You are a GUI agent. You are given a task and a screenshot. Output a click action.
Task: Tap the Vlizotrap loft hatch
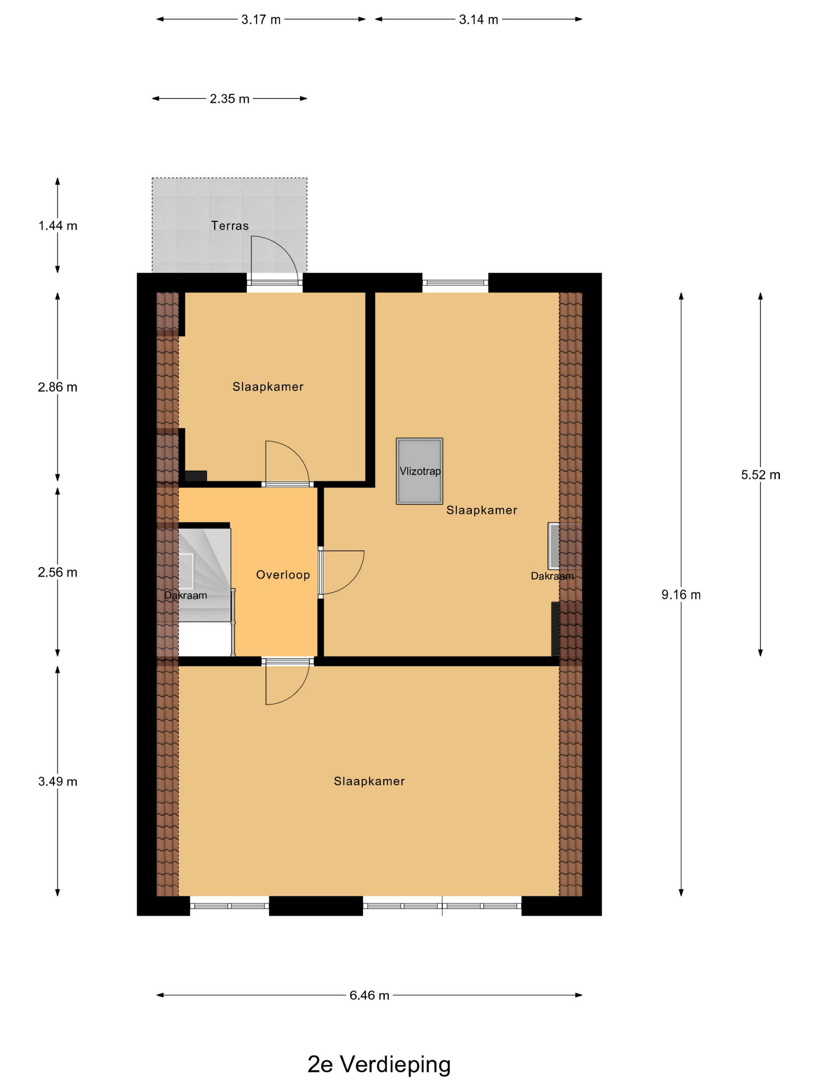click(x=419, y=471)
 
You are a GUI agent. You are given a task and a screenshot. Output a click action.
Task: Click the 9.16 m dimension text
click(x=681, y=595)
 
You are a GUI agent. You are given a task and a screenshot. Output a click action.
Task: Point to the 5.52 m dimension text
click(x=761, y=475)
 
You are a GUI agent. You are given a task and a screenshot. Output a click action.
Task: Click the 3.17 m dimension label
click(x=261, y=20)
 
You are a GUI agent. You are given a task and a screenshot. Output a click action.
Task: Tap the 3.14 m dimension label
click(x=478, y=20)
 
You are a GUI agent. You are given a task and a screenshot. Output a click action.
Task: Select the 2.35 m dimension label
click(x=229, y=99)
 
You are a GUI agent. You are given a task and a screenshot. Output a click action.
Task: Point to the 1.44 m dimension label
click(x=58, y=226)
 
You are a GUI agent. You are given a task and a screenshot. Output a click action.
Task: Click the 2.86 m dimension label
click(x=58, y=387)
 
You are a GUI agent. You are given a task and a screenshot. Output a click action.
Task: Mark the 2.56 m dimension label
click(x=58, y=573)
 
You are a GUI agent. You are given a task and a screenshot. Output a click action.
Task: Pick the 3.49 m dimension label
click(x=58, y=782)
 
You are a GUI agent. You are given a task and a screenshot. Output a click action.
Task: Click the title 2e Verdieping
click(x=379, y=1065)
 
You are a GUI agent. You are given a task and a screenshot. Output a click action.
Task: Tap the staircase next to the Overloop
click(x=204, y=592)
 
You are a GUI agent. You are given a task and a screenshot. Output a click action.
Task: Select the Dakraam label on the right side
click(x=552, y=576)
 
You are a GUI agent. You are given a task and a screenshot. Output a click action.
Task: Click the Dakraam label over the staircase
click(x=185, y=595)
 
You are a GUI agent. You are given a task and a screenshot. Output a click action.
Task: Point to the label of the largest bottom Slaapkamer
click(x=369, y=781)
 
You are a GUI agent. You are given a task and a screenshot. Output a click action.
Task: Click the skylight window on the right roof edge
click(x=564, y=545)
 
